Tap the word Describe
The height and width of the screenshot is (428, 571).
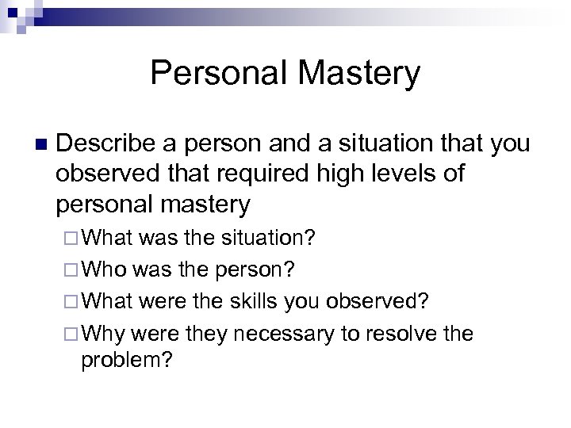[x=110, y=144]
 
